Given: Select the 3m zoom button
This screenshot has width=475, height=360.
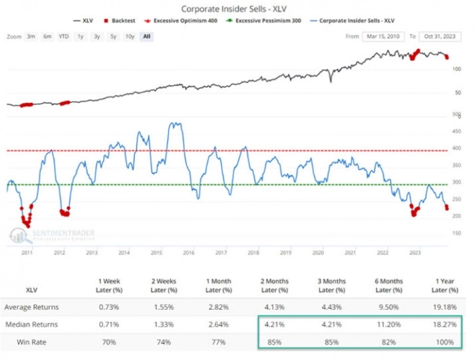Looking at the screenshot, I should pyautogui.click(x=31, y=36).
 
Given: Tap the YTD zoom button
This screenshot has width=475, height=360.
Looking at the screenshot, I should pyautogui.click(x=64, y=36).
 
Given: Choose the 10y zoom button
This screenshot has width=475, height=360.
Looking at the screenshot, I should pyautogui.click(x=129, y=36).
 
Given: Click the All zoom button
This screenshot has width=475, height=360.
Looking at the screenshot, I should pyautogui.click(x=147, y=36).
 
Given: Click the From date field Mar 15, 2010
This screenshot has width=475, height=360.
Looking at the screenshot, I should pyautogui.click(x=383, y=36).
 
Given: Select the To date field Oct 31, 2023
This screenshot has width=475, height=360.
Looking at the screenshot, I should pyautogui.click(x=441, y=36).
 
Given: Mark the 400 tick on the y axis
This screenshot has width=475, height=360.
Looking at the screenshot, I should pyautogui.click(x=457, y=149).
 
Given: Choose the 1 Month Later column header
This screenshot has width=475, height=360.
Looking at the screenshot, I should pyautogui.click(x=222, y=285).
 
